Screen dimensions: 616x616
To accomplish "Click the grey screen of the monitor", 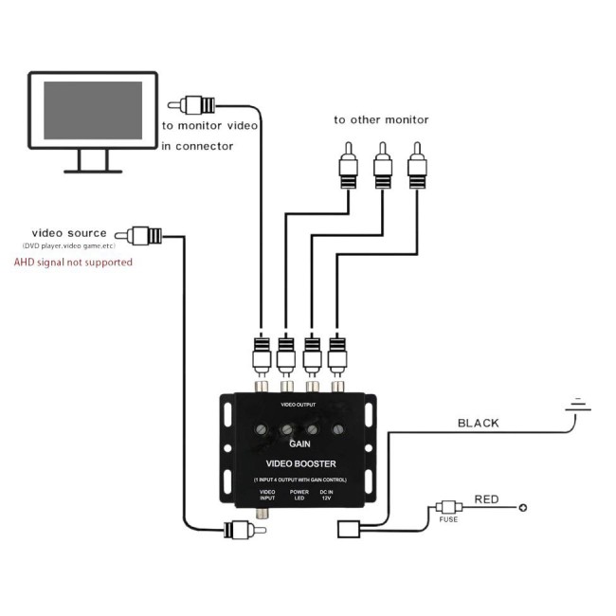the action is click(x=93, y=110).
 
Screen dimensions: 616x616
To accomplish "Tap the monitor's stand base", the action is click(x=93, y=172).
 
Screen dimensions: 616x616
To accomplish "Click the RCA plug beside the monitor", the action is click(x=191, y=105).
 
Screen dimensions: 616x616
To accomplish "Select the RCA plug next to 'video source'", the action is click(x=138, y=236).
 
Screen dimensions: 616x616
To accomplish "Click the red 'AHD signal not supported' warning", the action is click(x=73, y=262).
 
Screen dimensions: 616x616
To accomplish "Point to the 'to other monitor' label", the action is click(x=381, y=119).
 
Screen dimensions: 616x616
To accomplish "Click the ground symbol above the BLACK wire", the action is click(x=578, y=406).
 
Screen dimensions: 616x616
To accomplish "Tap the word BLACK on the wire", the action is click(x=478, y=423).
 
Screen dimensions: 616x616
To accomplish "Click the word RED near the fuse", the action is click(x=486, y=499).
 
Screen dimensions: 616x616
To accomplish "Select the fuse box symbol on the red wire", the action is click(x=448, y=507).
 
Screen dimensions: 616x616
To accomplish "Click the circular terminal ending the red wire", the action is click(x=522, y=508).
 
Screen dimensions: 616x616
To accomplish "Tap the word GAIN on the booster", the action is click(x=299, y=444).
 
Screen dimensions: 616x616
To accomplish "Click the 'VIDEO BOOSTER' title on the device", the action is click(x=301, y=463).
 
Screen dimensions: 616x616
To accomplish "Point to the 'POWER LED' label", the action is click(x=299, y=495).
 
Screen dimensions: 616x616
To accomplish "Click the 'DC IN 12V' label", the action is click(x=326, y=495).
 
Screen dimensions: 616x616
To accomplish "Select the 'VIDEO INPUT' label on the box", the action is click(x=267, y=495).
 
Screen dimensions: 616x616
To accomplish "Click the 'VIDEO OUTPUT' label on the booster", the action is click(x=299, y=405).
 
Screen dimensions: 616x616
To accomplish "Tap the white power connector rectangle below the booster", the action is click(x=349, y=529).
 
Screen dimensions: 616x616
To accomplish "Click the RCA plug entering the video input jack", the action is click(x=245, y=530).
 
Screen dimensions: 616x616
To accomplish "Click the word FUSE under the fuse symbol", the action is click(x=448, y=519).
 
